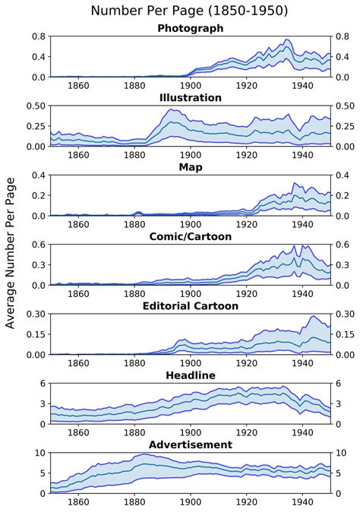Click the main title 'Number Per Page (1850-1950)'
[189, 11]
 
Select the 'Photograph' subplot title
[190, 28]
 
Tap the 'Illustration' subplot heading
[190, 97]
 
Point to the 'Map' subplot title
[190, 166]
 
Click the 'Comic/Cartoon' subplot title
[190, 236]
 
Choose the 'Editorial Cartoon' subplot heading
[190, 305]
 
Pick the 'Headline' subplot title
[190, 375]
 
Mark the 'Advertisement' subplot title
[190, 444]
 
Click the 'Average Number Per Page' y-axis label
[11, 258]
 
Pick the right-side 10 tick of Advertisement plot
[340, 452]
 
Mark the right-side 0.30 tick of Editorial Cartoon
[345, 314]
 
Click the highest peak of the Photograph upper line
[286, 40]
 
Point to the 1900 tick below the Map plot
[190, 225]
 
